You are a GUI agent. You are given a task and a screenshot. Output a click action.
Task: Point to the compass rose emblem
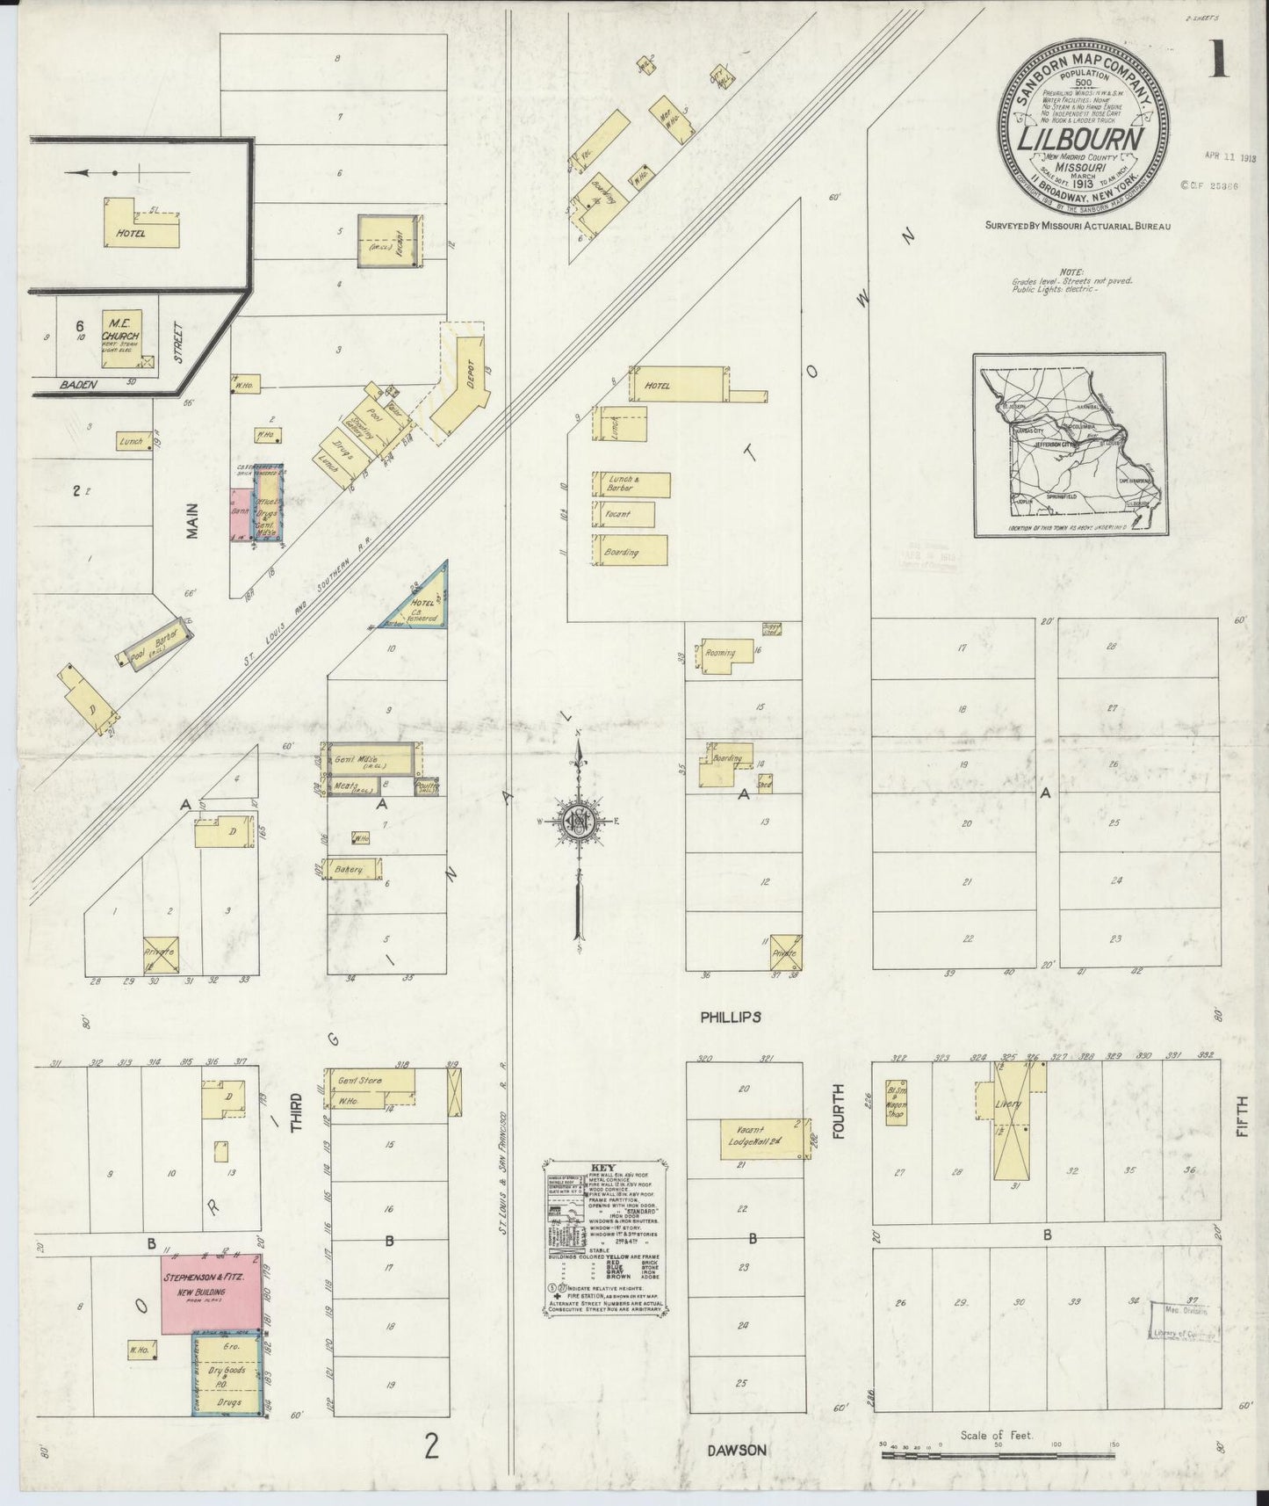(580, 821)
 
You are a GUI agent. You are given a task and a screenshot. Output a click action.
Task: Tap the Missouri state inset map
(1069, 445)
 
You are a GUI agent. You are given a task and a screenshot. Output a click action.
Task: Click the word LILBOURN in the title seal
(1080, 141)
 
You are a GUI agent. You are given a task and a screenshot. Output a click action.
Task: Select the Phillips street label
(730, 1017)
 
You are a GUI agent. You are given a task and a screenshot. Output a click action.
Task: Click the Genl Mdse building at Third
(369, 760)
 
